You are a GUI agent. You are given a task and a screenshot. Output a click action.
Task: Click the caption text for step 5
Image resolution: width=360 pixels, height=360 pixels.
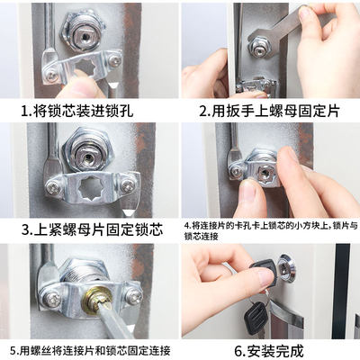pyautogui.click(x=90, y=349)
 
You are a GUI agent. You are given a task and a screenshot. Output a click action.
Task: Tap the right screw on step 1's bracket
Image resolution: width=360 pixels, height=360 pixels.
pyautogui.click(x=115, y=61)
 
